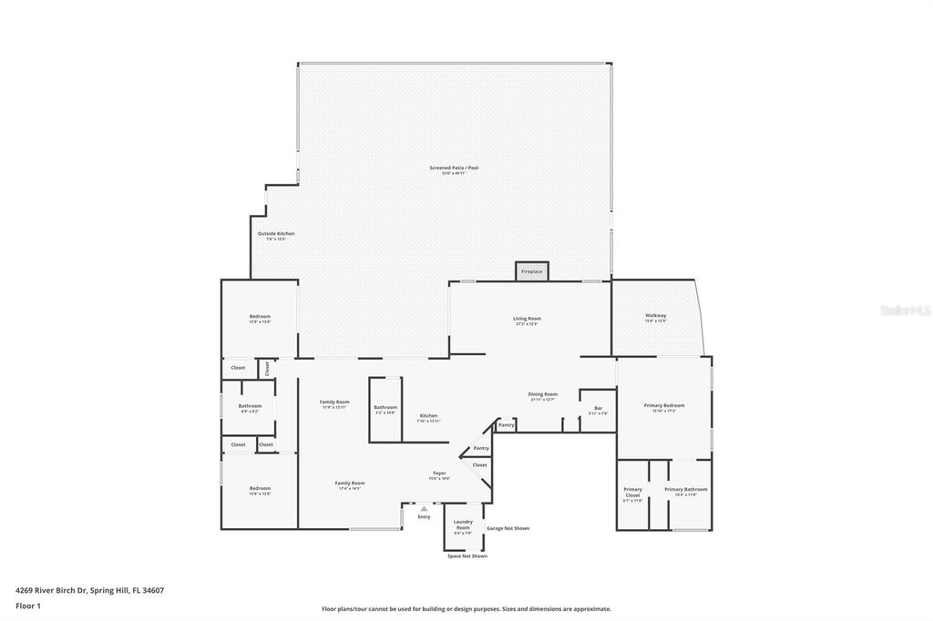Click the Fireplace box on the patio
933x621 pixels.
(x=531, y=271)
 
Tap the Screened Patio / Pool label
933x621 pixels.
(x=454, y=168)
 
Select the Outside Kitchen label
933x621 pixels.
(x=275, y=234)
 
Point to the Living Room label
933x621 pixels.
(x=527, y=320)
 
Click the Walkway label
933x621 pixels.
(x=656, y=316)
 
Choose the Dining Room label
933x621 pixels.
(x=542, y=395)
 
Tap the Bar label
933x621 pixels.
(x=598, y=408)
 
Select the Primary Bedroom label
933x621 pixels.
(x=663, y=406)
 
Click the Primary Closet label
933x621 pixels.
(x=632, y=492)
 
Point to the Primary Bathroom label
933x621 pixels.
(x=685, y=490)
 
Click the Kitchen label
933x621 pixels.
(x=428, y=416)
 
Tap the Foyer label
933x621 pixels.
(x=439, y=473)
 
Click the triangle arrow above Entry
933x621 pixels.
(x=424, y=509)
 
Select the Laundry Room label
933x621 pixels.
(x=463, y=524)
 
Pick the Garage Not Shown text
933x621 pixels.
(x=508, y=528)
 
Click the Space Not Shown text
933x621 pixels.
(x=466, y=555)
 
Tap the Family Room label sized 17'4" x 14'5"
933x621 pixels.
(x=349, y=484)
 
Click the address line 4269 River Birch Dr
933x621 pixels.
(x=89, y=589)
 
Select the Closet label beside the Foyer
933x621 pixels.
(x=479, y=464)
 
